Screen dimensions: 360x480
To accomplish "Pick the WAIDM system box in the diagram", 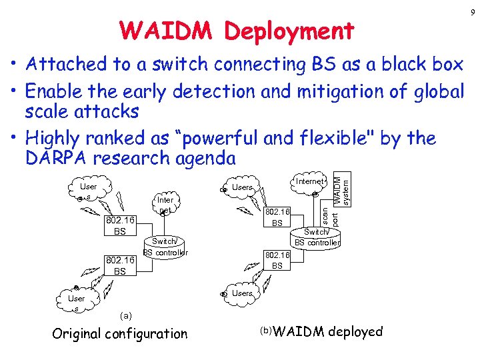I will [341, 187].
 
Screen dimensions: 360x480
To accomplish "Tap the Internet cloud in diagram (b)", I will [309, 181].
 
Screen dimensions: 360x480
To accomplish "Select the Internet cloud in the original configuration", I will [165, 204].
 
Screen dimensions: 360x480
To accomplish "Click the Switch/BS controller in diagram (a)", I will [165, 246].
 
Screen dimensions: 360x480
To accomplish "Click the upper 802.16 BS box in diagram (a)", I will [119, 225].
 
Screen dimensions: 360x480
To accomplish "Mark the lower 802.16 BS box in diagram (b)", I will [277, 260].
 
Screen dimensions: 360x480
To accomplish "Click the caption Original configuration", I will [119, 334].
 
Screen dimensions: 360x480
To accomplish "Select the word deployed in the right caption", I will [355, 332].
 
